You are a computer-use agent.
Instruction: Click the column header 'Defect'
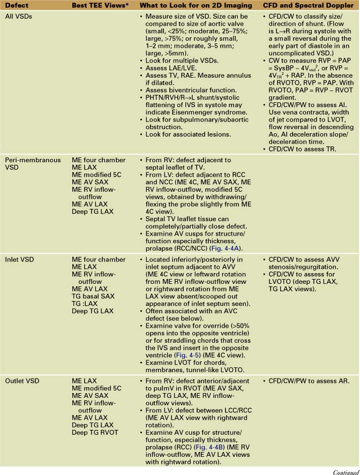pos(18,5)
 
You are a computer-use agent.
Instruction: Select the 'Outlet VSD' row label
pos(21,381)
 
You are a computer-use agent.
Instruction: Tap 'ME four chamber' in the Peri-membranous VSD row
pos(99,160)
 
